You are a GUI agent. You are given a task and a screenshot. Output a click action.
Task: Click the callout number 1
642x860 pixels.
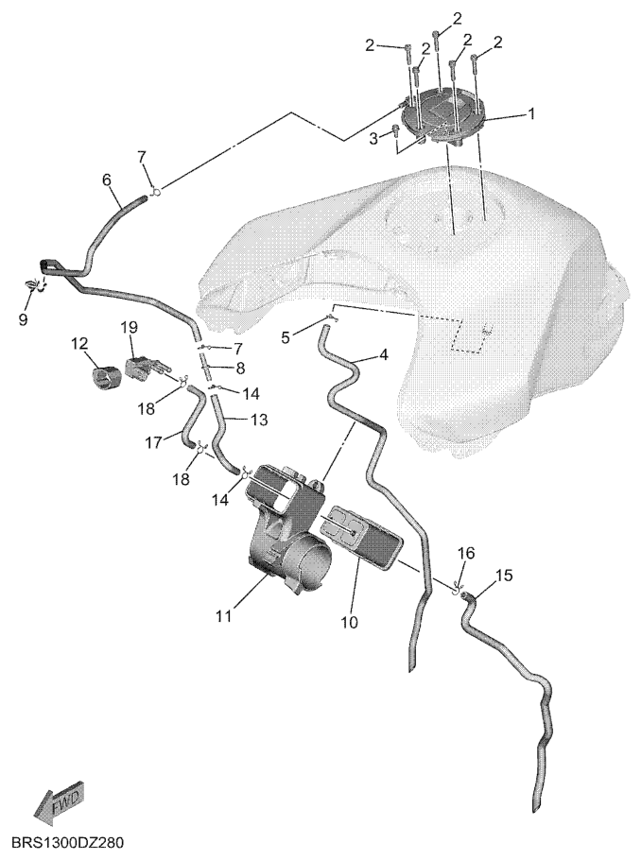531,114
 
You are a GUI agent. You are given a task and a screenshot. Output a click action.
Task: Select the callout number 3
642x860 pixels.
373,138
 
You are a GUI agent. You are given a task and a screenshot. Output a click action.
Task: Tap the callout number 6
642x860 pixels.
107,180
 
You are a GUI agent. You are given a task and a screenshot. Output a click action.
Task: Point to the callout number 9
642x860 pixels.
23,319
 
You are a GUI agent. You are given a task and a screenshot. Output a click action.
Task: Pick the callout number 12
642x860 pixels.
79,344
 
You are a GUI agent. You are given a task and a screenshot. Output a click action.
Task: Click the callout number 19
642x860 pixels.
129,327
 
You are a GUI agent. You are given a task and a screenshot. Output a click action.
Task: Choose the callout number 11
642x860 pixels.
223,616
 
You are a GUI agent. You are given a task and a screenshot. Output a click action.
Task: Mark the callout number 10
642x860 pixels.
349,622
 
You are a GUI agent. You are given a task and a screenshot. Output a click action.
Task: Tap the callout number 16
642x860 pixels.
466,553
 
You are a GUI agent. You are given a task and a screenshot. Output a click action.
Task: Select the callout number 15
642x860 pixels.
504,576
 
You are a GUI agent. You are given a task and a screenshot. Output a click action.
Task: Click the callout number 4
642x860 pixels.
383,355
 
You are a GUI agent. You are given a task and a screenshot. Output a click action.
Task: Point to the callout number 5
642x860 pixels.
286,337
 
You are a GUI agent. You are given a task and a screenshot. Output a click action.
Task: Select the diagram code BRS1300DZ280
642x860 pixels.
68,842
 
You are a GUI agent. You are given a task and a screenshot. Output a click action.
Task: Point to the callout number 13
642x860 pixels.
259,421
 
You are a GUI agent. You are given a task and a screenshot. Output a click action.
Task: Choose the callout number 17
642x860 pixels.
154,441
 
